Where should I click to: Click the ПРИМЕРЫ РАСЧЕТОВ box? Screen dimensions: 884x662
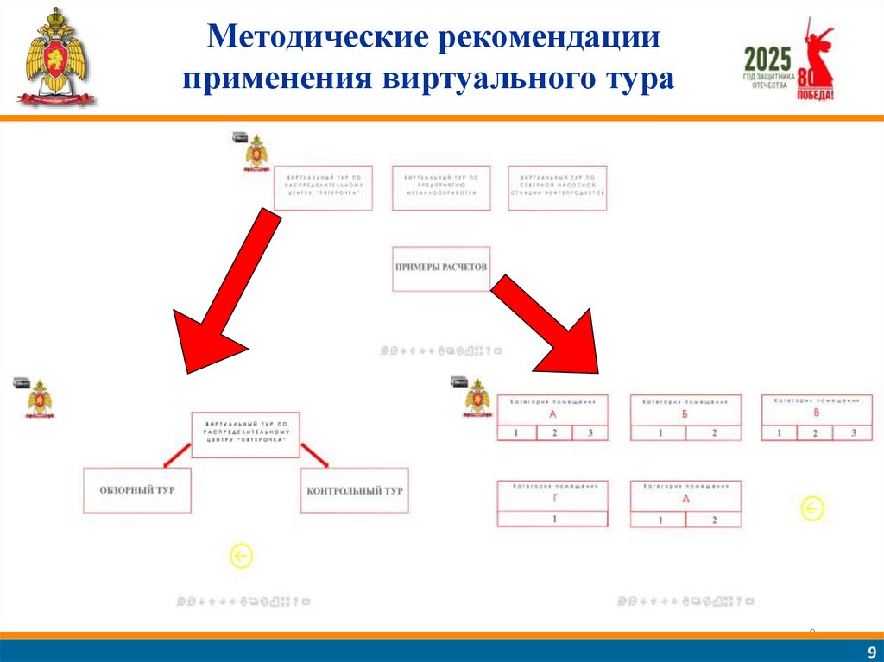(440, 268)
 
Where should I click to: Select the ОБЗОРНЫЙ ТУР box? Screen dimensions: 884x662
(137, 490)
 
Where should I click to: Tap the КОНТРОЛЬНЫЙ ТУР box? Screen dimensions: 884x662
(355, 491)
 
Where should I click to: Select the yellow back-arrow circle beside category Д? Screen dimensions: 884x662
(812, 509)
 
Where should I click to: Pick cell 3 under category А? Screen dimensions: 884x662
(590, 433)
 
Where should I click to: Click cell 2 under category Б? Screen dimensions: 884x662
(713, 433)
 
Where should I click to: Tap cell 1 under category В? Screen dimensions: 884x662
(780, 433)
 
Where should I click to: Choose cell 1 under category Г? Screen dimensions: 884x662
(553, 519)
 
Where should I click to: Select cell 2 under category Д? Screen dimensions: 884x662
(714, 520)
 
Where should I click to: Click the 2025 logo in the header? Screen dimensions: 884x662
(767, 60)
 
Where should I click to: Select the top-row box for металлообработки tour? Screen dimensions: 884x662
(441, 187)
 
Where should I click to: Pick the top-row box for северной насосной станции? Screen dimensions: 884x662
(558, 187)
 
